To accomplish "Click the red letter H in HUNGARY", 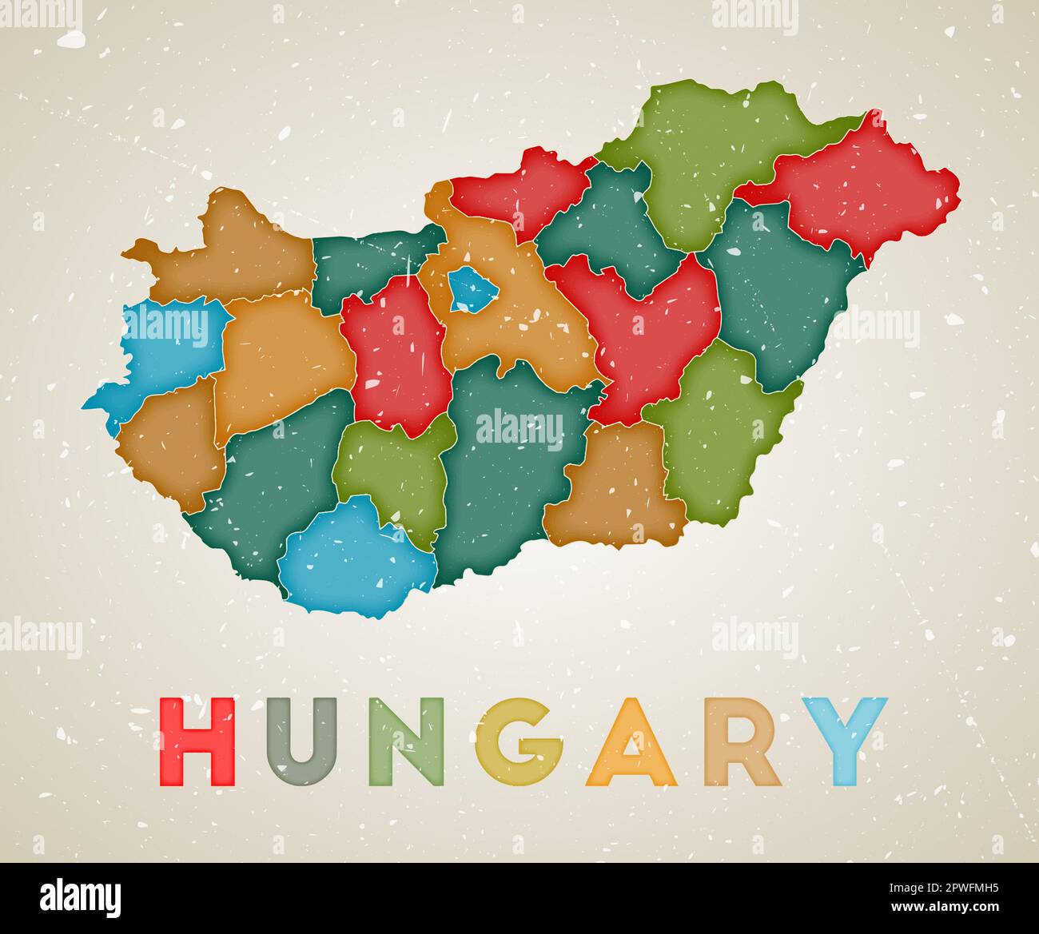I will (x=197, y=741).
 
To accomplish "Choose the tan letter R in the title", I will (x=740, y=741).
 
